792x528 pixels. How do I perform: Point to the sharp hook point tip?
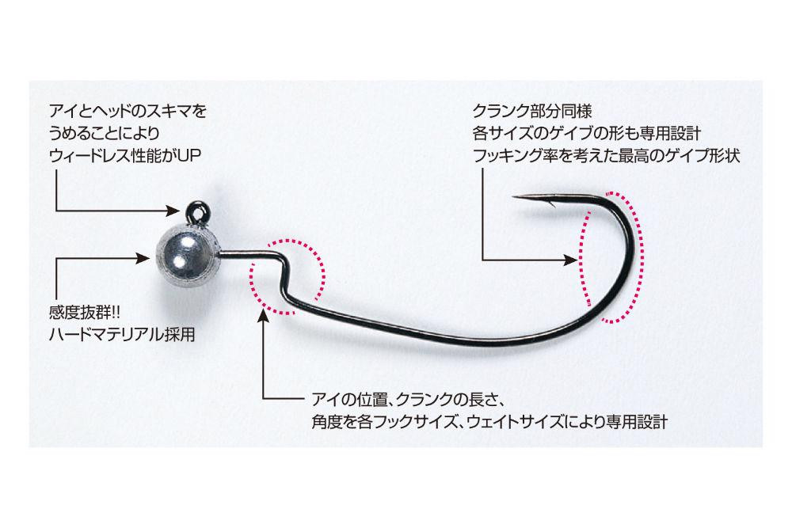pyautogui.click(x=516, y=197)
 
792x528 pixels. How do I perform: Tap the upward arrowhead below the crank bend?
pyautogui.click(x=264, y=317)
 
